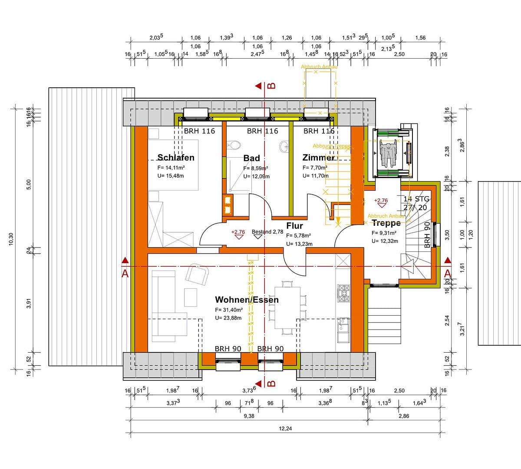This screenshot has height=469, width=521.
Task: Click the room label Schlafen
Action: pyautogui.click(x=176, y=157)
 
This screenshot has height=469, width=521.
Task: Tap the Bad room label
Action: pyautogui.click(x=251, y=158)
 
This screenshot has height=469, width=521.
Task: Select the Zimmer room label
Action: pyautogui.click(x=318, y=158)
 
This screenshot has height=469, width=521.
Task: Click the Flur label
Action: pyautogui.click(x=294, y=226)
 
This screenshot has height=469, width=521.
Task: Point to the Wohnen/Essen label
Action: pyautogui.click(x=247, y=300)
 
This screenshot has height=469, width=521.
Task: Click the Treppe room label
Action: pyautogui.click(x=386, y=223)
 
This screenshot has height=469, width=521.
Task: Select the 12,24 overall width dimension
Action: pyautogui.click(x=286, y=429)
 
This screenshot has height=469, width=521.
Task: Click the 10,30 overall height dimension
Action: pyautogui.click(x=11, y=239)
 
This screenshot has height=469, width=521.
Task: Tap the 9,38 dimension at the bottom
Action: pyautogui.click(x=249, y=416)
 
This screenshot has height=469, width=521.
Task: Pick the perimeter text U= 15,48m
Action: pyautogui.click(x=171, y=175)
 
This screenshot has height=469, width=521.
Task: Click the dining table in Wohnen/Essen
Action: pyautogui.click(x=287, y=307)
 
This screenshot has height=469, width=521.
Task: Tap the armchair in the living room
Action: pyautogui.click(x=197, y=275)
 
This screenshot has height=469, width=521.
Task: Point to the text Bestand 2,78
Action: pyautogui.click(x=267, y=232)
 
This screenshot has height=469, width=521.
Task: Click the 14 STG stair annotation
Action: pyautogui.click(x=416, y=199)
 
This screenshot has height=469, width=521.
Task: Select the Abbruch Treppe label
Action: pyautogui.click(x=332, y=146)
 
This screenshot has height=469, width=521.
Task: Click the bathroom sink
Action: pyautogui.click(x=284, y=145)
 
